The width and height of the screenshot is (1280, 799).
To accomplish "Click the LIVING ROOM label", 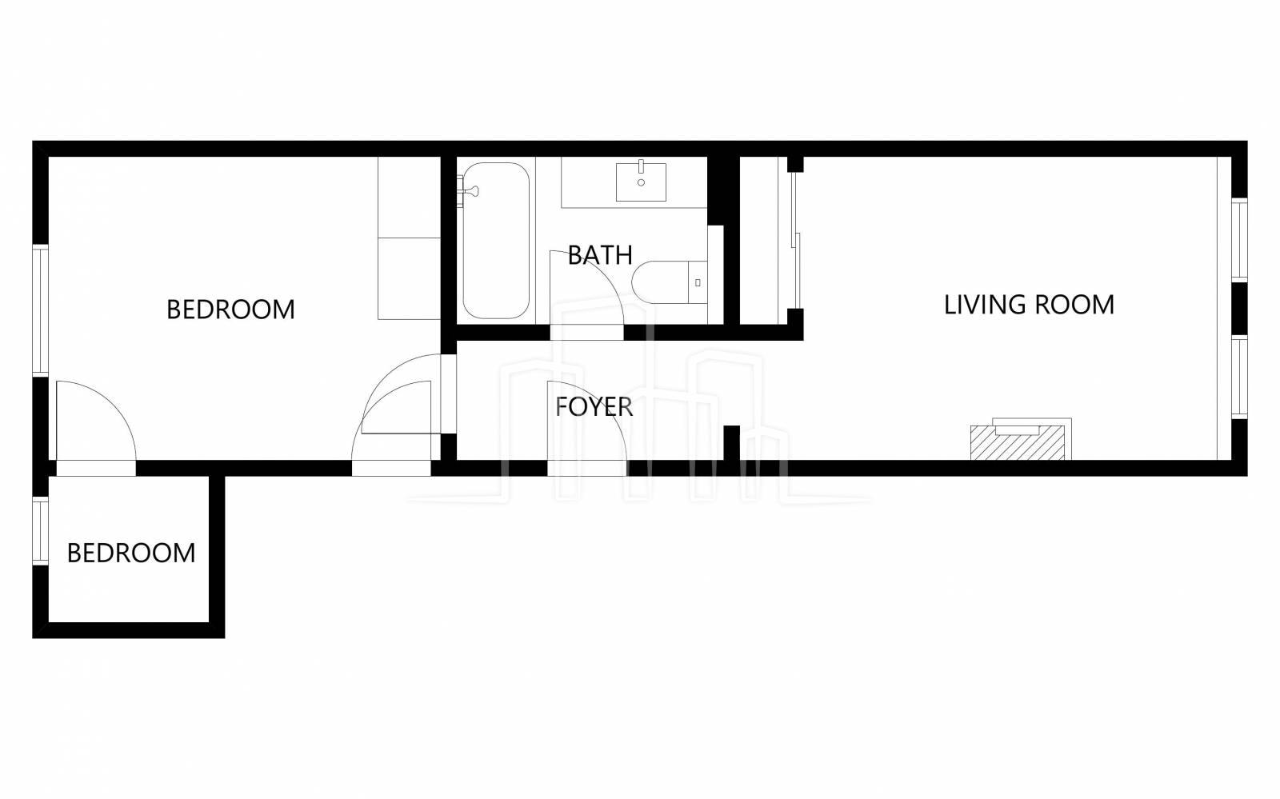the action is coord(1029,305).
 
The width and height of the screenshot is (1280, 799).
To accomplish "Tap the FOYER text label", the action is coord(594,406).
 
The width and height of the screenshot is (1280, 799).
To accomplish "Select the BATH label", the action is coord(600,254).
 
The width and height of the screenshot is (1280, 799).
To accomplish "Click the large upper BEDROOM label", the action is coord(230,309).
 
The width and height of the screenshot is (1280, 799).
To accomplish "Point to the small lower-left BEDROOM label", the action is coord(131,553).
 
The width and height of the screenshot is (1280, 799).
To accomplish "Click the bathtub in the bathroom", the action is coord(495,241).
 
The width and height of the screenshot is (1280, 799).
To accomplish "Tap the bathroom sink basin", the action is coord(641,182).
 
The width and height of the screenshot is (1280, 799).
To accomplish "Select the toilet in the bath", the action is coord(669,282).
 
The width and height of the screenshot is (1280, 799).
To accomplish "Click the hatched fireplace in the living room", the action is coord(1018,442).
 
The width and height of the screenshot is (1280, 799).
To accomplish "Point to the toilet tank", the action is coord(698,282).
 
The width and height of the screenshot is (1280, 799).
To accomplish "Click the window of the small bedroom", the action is coord(40,530).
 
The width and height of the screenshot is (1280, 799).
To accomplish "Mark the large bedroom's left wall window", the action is coord(40,310).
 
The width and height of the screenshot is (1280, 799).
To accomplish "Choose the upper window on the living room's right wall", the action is coord(1239,240).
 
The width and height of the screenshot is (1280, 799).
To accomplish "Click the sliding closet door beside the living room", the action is coord(794,240).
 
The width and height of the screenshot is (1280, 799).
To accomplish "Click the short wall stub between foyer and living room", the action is coord(732,442).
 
